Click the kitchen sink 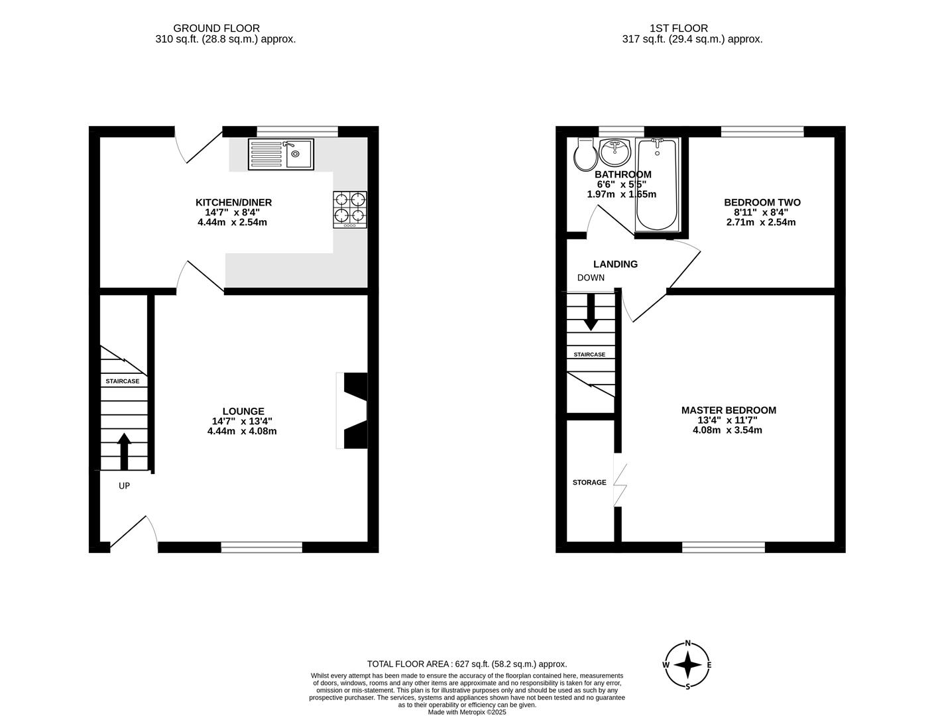(281, 154)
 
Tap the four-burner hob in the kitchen (349, 209)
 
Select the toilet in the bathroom (585, 154)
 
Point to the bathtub (656, 184)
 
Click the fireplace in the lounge (353, 410)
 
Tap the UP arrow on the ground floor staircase (124, 451)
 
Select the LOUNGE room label (243, 411)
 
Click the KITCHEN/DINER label (233, 202)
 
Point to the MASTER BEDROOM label (729, 410)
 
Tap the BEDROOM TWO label (762, 202)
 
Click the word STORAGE (589, 482)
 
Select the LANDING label (615, 264)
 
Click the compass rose (688, 665)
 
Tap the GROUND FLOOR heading (216, 28)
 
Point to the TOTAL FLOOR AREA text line (467, 664)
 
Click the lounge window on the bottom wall (261, 547)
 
